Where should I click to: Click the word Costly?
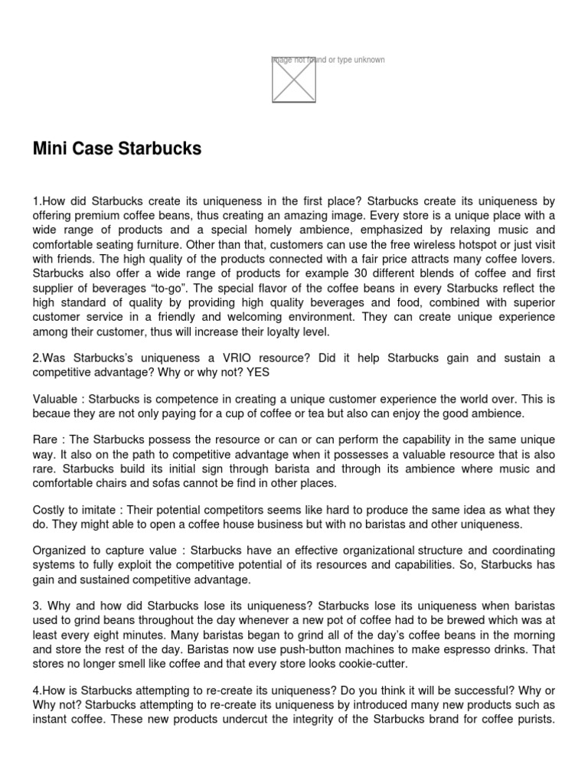(51, 510)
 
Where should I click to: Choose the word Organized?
(61, 551)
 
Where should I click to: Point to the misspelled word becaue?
(53, 413)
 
